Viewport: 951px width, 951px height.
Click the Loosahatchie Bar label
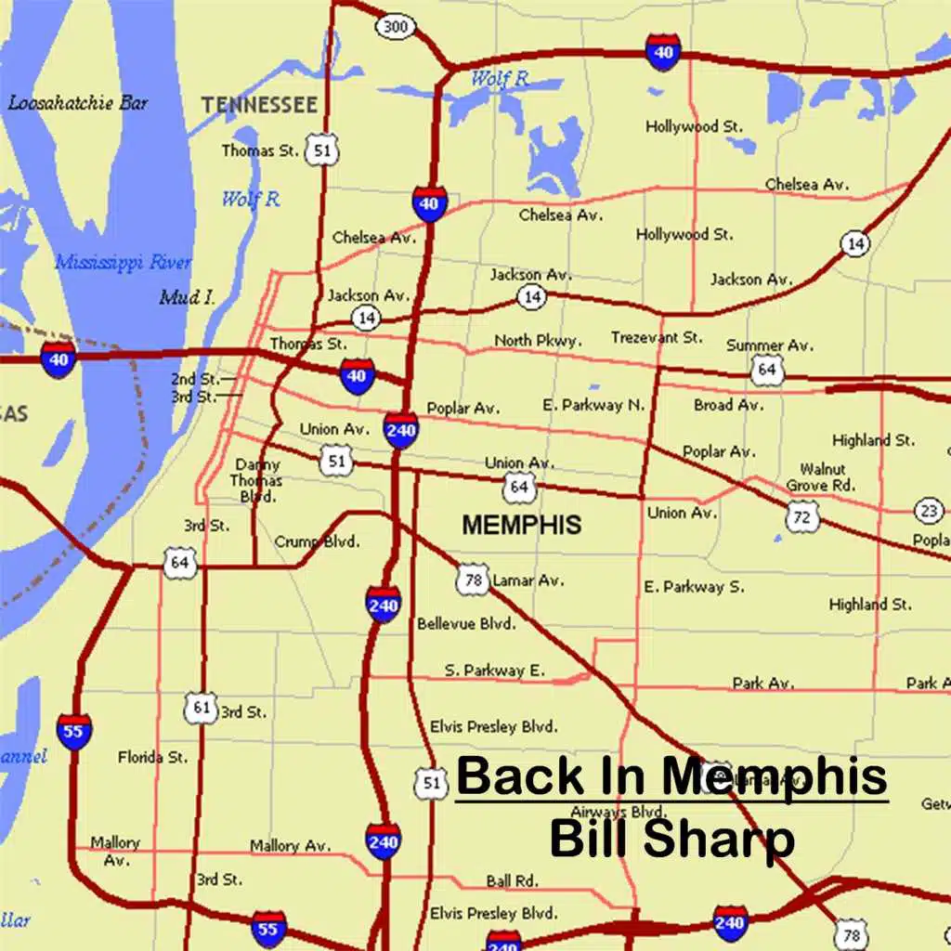[78, 103]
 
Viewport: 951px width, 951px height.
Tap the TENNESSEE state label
[259, 104]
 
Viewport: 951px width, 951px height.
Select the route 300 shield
[396, 27]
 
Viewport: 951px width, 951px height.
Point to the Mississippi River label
[124, 263]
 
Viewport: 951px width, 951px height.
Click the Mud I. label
[187, 298]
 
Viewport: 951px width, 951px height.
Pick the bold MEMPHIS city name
[522, 525]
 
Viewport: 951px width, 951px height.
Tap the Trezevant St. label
[657, 338]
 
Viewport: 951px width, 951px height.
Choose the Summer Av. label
[770, 345]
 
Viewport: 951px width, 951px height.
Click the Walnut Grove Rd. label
[821, 477]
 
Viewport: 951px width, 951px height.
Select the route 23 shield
[929, 509]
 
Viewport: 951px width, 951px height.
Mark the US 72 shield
[801, 515]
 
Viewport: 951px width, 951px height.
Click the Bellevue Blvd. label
[466, 624]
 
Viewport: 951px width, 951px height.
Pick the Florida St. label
[152, 758]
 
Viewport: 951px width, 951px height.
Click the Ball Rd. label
[512, 880]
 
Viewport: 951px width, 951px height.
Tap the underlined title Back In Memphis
[671, 776]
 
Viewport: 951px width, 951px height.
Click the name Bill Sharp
[671, 838]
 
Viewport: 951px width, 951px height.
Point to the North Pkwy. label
[539, 341]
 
